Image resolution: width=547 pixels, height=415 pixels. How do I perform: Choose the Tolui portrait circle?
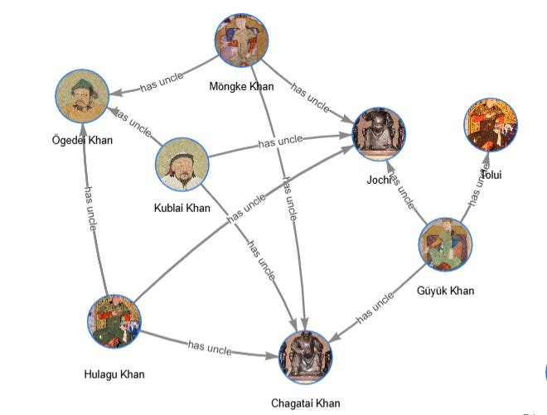click(x=491, y=124)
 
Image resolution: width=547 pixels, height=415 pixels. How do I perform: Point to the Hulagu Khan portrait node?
click(x=114, y=323)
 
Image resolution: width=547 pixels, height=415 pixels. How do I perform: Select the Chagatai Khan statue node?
click(x=305, y=358)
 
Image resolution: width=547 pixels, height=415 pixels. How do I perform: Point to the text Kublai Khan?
click(x=182, y=208)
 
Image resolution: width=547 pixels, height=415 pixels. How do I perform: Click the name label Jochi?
click(x=377, y=179)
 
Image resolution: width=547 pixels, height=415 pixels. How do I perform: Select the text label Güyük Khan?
click(x=447, y=291)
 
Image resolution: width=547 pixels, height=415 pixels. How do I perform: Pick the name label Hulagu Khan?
click(x=114, y=374)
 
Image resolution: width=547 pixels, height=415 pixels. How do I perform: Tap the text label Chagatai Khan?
click(x=305, y=403)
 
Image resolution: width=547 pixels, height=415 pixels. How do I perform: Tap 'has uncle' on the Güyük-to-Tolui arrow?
click(x=477, y=186)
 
